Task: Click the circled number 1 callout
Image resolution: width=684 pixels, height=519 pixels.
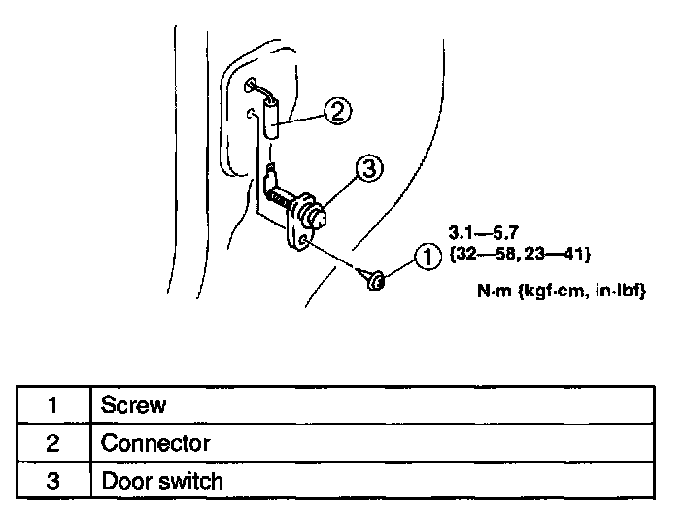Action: (424, 258)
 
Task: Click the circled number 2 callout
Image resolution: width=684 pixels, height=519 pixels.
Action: (335, 113)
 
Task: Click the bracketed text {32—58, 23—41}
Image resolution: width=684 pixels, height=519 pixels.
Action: (520, 254)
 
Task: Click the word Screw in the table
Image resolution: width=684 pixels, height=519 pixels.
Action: (134, 404)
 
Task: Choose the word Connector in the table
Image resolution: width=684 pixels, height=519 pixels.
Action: (155, 443)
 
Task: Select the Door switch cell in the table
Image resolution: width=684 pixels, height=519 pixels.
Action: (162, 480)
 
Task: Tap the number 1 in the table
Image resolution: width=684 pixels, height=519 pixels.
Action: (53, 405)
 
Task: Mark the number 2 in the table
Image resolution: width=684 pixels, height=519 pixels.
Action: (53, 443)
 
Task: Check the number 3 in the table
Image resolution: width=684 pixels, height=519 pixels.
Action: (53, 480)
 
